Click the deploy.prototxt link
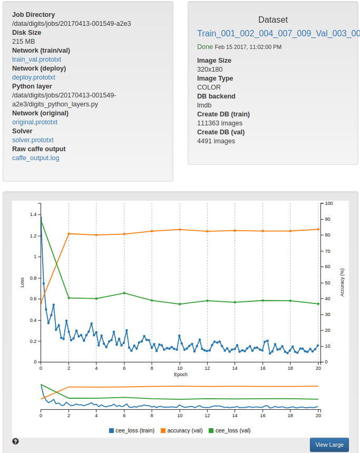click(x=34, y=77)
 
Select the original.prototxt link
click(x=35, y=122)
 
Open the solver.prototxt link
click(x=33, y=140)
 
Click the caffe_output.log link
click(x=36, y=158)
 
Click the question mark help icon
click(x=15, y=441)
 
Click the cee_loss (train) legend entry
click(x=132, y=430)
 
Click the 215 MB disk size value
click(x=23, y=42)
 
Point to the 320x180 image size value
click(x=210, y=70)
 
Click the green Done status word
click(x=205, y=47)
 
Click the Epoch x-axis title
click(x=180, y=375)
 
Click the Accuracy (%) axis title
click(x=342, y=282)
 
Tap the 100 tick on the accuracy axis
click(x=329, y=203)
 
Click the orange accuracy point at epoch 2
click(x=69, y=233)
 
